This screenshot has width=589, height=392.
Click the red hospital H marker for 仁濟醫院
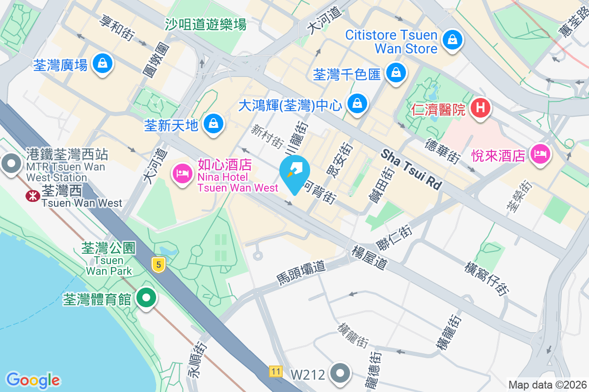click(481, 107)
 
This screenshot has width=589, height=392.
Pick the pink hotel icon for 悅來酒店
click(540, 154)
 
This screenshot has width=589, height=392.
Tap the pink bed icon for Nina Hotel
click(182, 173)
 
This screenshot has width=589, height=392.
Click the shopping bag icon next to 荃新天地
click(214, 124)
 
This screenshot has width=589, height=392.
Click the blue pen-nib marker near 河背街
click(294, 171)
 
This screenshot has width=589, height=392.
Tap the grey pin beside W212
click(340, 374)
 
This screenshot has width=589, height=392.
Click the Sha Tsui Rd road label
click(411, 170)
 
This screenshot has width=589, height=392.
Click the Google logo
click(33, 380)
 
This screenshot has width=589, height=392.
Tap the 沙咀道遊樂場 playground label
click(206, 24)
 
